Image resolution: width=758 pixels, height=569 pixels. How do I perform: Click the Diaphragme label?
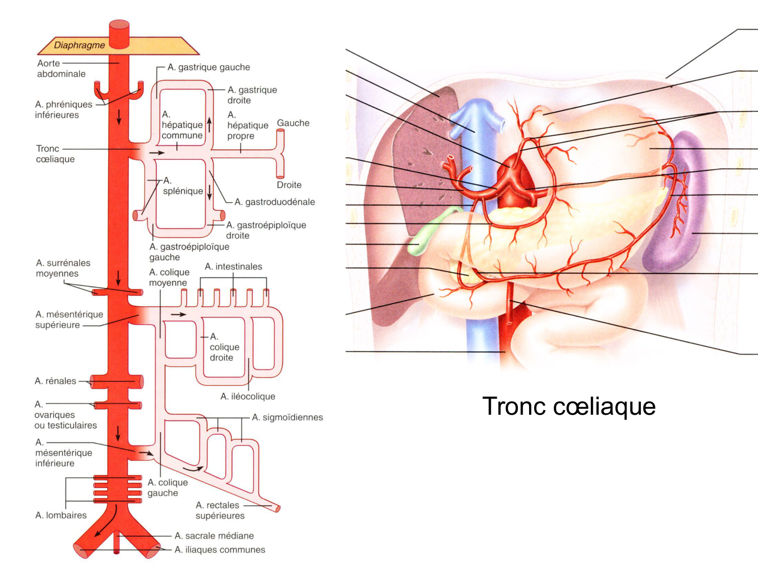coord(79,45)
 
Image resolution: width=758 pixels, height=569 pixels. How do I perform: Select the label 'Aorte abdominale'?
coord(61,68)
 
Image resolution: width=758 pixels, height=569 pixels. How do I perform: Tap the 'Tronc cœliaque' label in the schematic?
coord(55,154)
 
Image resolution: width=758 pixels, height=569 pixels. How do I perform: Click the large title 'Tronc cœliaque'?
coord(568,406)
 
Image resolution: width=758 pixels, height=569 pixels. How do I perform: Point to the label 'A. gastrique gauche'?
coord(209,67)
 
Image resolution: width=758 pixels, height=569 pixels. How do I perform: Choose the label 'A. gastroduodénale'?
coord(274,202)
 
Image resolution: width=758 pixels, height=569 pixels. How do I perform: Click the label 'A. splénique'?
coord(182,186)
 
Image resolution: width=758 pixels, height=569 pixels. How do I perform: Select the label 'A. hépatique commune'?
coord(182,125)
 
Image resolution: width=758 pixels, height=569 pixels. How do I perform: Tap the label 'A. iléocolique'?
coord(248,397)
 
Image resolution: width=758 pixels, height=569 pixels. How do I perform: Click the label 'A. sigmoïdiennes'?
coord(287,417)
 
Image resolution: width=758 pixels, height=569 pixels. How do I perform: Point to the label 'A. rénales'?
coord(55,381)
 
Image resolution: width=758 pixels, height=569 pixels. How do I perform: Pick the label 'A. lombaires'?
coord(61,515)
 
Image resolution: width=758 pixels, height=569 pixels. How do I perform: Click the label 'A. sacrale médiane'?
coord(214,536)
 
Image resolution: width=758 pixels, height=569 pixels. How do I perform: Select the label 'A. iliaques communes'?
coord(219,550)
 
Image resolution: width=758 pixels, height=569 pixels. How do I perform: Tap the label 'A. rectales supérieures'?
coord(220,510)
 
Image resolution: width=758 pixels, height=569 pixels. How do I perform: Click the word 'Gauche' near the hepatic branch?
coord(293,123)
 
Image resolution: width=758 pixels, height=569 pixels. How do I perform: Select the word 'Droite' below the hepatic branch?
coord(289,185)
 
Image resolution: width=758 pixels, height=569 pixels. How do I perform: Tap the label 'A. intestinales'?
coord(233,267)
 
